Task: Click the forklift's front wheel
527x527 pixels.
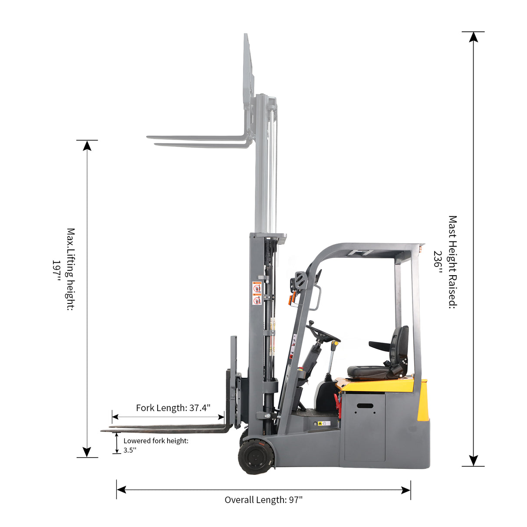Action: pyautogui.click(x=257, y=457)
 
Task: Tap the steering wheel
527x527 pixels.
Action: pyautogui.click(x=323, y=333)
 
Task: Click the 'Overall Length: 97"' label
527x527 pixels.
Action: pyautogui.click(x=263, y=500)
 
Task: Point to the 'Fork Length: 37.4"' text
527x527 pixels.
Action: pyautogui.click(x=173, y=408)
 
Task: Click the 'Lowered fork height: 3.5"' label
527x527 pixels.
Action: pyautogui.click(x=155, y=445)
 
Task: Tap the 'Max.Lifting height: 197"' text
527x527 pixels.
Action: pyautogui.click(x=64, y=270)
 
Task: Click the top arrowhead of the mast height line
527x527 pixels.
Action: pyautogui.click(x=473, y=37)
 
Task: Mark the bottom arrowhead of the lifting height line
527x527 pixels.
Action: pyautogui.click(x=87, y=452)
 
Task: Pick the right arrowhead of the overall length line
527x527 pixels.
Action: pyautogui.click(x=406, y=490)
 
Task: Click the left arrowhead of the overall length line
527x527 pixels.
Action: pyautogui.click(x=122, y=490)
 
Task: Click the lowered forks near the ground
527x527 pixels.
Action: pyautogui.click(x=165, y=429)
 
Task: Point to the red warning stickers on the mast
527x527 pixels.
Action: pyautogui.click(x=257, y=293)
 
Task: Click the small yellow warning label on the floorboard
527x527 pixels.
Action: pyautogui.click(x=320, y=423)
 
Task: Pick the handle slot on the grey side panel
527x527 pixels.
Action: pyautogui.click(x=365, y=406)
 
